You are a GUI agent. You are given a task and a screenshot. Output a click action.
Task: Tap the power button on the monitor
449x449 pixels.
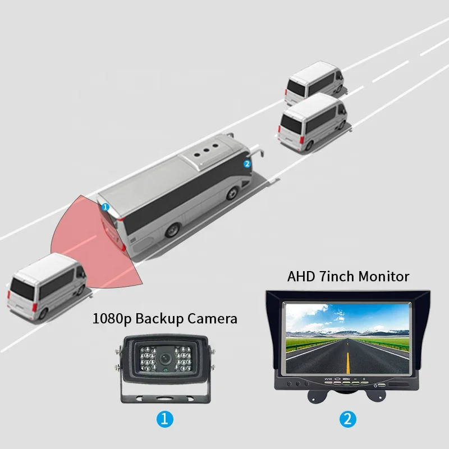click(x=375, y=386)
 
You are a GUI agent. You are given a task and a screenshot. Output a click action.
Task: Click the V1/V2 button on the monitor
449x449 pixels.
click(x=328, y=380)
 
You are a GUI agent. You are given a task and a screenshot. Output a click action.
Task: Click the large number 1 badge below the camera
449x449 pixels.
click(x=165, y=418)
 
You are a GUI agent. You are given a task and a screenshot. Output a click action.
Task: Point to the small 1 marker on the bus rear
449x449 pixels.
click(x=105, y=207)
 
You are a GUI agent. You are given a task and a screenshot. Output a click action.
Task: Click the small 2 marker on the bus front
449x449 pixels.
click(x=246, y=164)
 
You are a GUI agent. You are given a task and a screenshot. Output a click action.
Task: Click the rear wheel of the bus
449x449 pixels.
click(x=175, y=230)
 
